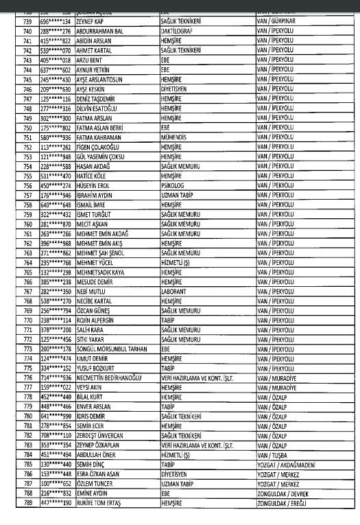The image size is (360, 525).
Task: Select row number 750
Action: pyautogui.click(x=27, y=127)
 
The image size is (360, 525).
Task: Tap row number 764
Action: pyautogui.click(x=27, y=261)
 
